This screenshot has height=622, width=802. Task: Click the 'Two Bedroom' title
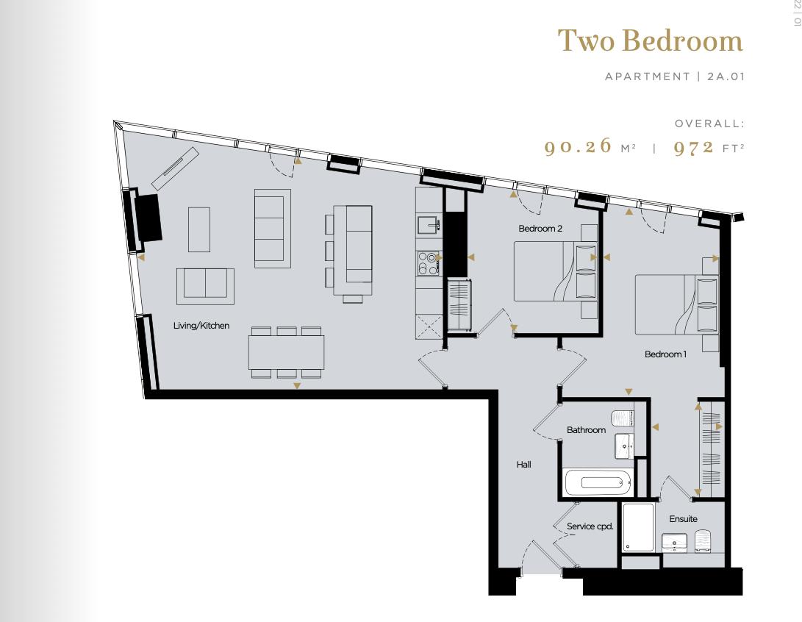tap(650, 40)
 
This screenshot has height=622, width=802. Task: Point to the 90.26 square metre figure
tap(578, 146)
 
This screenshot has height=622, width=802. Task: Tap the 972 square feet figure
tap(694, 146)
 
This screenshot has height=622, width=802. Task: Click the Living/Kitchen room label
tap(201, 326)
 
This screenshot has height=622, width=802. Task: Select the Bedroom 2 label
tap(540, 229)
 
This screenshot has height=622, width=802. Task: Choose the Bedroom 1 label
tap(665, 354)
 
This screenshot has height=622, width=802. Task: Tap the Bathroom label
tap(586, 430)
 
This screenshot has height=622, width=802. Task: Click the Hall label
tap(523, 465)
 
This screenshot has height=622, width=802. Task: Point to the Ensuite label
tap(683, 519)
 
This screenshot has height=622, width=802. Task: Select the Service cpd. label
tap(590, 526)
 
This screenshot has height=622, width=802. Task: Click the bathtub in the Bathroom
tap(598, 483)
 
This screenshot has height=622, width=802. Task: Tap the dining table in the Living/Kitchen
tap(286, 352)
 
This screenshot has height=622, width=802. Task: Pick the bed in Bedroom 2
tap(548, 272)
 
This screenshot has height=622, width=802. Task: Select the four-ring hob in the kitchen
tap(427, 262)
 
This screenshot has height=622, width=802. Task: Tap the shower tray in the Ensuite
tap(638, 528)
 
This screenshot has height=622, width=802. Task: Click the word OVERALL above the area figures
tap(709, 124)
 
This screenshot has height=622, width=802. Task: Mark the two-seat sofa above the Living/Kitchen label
tap(205, 285)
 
